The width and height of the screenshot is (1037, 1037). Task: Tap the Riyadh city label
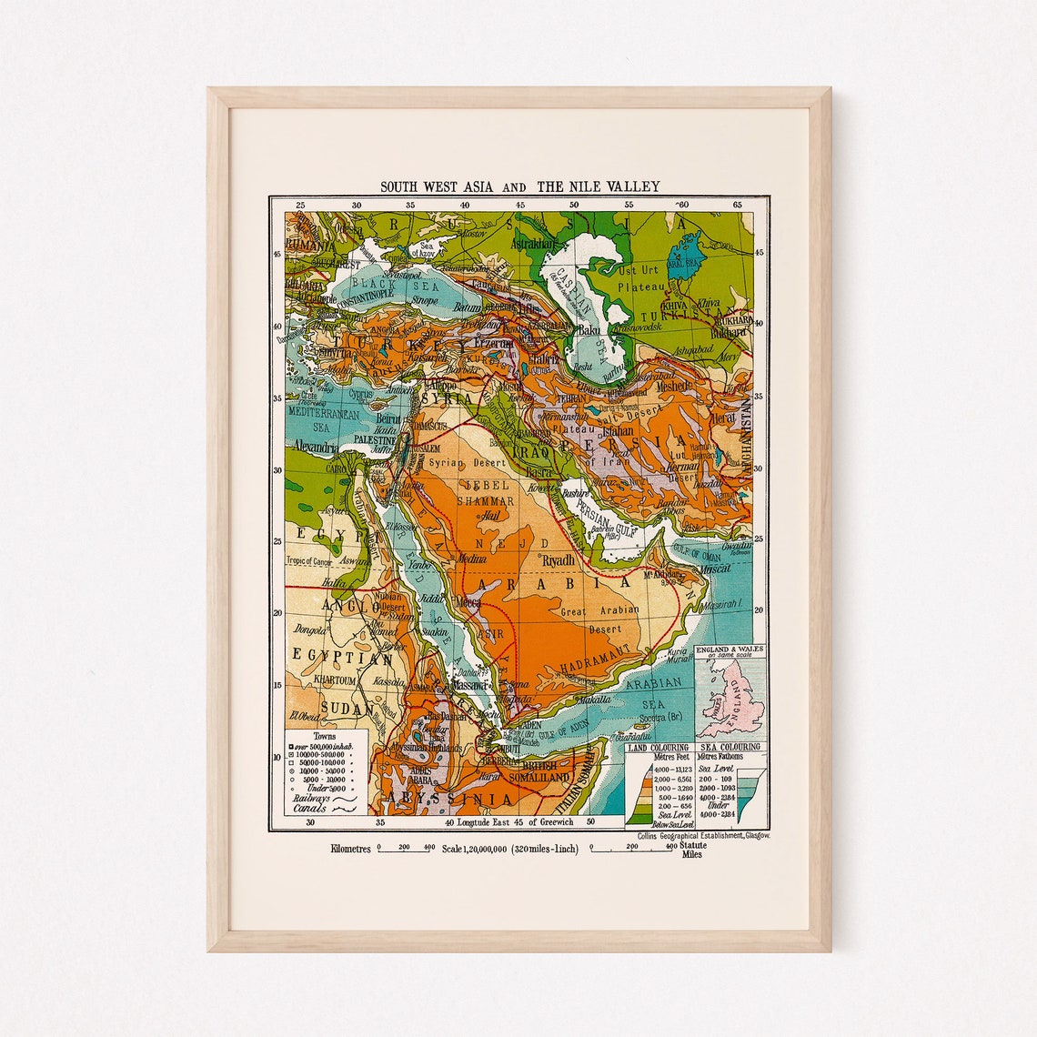tap(558, 560)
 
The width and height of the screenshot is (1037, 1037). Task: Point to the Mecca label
tap(469, 602)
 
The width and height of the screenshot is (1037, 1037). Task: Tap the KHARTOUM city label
tap(318, 680)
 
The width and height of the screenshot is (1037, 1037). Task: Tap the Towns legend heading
tap(324, 735)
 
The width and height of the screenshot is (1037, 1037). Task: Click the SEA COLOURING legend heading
tap(730, 748)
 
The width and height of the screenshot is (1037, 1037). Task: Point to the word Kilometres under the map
tap(351, 849)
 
